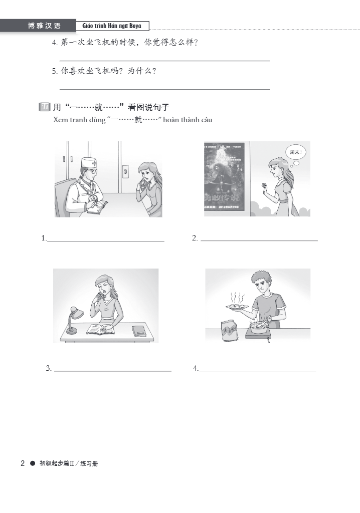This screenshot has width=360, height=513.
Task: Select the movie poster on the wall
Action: (227, 179)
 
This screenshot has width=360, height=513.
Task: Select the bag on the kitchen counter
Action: (229, 330)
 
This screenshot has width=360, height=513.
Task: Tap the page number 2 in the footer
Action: (23, 463)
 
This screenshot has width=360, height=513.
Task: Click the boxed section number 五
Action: (45, 107)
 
